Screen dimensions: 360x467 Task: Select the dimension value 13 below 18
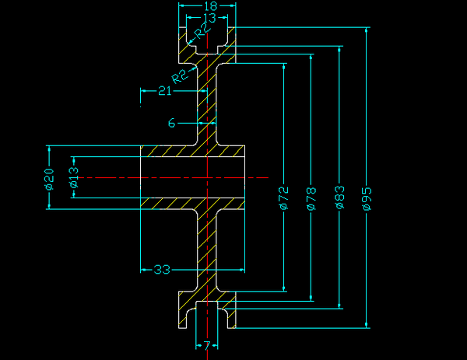coord(208,17)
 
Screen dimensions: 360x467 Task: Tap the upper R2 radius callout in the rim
coord(202,30)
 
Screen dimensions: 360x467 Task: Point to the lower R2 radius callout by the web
coord(180,75)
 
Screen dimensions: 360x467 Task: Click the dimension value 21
coord(164,92)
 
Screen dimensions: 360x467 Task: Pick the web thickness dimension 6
coord(171,123)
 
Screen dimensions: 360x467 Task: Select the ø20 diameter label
coord(49,178)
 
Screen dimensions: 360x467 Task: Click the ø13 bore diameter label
coord(74,178)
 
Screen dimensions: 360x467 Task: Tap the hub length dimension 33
coord(162,270)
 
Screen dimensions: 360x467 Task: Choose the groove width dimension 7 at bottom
coord(207,344)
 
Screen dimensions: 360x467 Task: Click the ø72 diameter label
coord(283,199)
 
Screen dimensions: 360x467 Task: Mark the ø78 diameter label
coord(311,199)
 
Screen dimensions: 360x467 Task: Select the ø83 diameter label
coord(339,199)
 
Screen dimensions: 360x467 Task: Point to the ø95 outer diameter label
coord(367,199)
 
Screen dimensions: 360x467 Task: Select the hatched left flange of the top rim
coord(185,45)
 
